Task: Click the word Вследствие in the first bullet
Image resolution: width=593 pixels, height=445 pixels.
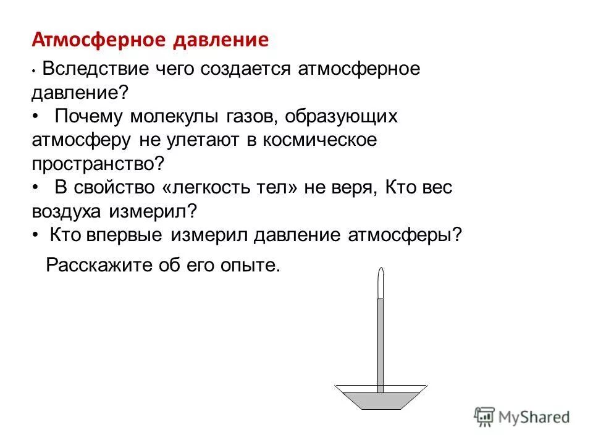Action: [88, 69]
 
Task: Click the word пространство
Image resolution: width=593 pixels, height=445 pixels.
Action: [95, 164]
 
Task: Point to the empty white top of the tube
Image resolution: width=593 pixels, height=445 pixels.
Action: [381, 284]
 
